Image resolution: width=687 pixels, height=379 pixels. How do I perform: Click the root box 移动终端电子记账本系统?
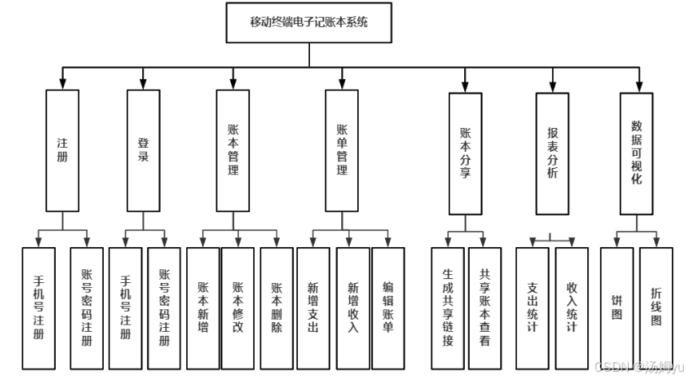[x=309, y=22]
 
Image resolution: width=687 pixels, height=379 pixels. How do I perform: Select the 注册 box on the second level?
[x=62, y=150]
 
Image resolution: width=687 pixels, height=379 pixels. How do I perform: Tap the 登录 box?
[x=143, y=150]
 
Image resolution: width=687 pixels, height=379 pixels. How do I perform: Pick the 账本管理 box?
[x=232, y=150]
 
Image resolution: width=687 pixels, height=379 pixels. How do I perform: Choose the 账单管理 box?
[x=341, y=150]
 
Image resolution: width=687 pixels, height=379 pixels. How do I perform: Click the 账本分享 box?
[x=465, y=153]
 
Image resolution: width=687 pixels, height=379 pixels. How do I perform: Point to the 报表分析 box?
[x=552, y=153]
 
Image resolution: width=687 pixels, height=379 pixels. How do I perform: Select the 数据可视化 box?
[x=636, y=153]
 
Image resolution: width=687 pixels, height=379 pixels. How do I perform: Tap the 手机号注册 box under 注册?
[x=38, y=308]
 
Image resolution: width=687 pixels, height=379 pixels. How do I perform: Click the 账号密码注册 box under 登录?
[x=165, y=308]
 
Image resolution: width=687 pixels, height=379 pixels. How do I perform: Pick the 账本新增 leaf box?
[x=203, y=308]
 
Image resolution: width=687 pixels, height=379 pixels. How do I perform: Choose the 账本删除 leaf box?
[x=276, y=308]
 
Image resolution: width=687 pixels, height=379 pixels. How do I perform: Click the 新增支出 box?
[x=313, y=308]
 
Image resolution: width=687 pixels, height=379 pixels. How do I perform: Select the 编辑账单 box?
[x=388, y=308]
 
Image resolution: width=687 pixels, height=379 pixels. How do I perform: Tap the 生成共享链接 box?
[x=447, y=308]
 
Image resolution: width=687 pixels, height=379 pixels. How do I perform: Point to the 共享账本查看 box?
[x=485, y=308]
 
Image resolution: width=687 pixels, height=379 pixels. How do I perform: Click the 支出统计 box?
[x=532, y=308]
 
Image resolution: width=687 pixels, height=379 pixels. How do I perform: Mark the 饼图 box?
[x=616, y=308]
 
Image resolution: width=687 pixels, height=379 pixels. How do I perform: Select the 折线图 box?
[x=656, y=308]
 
